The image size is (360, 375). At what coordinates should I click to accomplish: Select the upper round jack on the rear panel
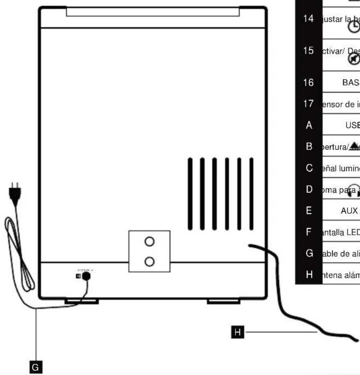click(150, 242)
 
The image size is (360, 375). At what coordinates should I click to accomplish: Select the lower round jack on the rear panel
click(150, 261)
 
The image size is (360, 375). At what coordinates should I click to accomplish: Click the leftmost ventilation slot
click(191, 193)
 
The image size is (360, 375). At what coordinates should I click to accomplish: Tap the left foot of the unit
click(82, 302)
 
